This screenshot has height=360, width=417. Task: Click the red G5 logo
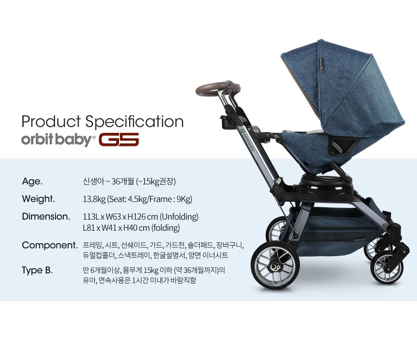(119, 139)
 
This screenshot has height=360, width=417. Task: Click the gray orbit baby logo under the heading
(58, 139)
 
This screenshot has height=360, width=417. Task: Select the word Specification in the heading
(134, 122)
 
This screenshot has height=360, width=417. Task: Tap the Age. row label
(32, 182)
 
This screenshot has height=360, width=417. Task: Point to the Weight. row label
(38, 199)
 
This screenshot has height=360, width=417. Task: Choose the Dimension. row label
(46, 216)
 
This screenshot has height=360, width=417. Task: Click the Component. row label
(50, 245)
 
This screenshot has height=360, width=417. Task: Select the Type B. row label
(37, 270)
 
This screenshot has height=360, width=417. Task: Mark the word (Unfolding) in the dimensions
(179, 217)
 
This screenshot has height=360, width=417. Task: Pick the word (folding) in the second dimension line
(166, 228)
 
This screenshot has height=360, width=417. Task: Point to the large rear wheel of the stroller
(275, 265)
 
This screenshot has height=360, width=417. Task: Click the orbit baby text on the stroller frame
(248, 140)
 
